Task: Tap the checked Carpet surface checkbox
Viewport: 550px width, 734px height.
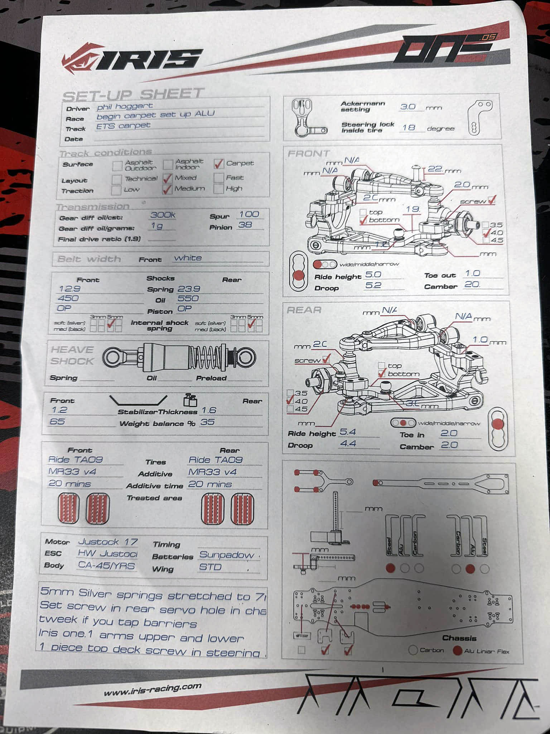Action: point(219,164)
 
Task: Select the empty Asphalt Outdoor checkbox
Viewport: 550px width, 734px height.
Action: point(117,166)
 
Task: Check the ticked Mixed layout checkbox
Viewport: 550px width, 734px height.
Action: point(168,178)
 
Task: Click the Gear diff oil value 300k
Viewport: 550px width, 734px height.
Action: point(163,215)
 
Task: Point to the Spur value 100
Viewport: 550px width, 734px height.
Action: point(249,214)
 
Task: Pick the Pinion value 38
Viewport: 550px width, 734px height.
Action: point(245,225)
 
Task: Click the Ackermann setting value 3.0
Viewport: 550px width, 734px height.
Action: point(408,107)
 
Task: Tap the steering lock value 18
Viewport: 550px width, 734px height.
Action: point(409,127)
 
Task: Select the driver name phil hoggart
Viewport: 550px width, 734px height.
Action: point(125,106)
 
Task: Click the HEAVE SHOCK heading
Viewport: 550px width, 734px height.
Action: point(72,355)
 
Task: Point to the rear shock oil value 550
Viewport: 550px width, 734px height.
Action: point(188,299)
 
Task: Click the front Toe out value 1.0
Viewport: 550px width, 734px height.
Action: point(472,273)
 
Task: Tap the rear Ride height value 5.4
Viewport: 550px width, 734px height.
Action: point(348,432)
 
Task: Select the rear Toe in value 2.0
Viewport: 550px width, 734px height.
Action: point(449,433)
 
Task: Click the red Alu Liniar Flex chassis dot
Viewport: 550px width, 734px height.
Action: point(457,650)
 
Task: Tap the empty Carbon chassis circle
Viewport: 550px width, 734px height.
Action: point(413,650)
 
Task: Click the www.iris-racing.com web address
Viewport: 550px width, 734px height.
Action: point(153,689)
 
